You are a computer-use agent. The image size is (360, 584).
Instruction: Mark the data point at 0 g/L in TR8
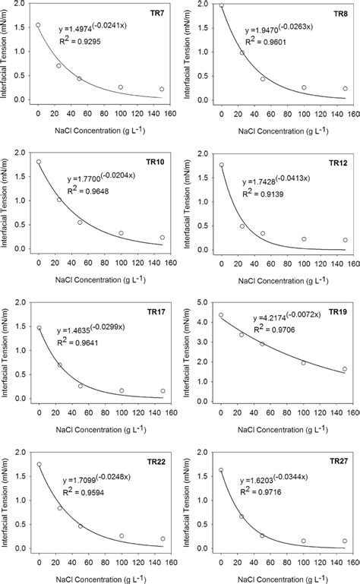click(x=221, y=5)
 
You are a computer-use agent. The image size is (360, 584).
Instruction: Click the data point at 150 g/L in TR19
click(x=344, y=369)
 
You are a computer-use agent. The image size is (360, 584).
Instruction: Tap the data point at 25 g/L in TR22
click(x=59, y=508)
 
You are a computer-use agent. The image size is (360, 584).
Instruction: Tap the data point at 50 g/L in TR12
click(x=262, y=234)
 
